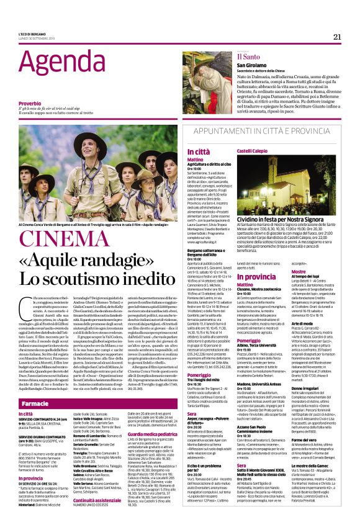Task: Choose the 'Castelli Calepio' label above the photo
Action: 251,151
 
